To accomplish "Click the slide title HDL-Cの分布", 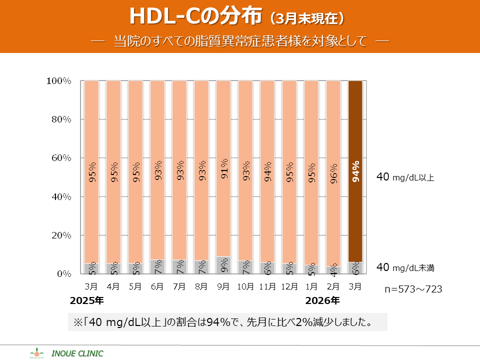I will pyautogui.click(x=195, y=16).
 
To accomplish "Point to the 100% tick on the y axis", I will pyautogui.click(x=58, y=81).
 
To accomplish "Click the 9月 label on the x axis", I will pyautogui.click(x=223, y=286).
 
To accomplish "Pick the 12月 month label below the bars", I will pyautogui.click(x=289, y=286).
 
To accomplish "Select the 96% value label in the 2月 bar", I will pyautogui.click(x=333, y=171).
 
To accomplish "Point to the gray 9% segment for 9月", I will pyautogui.click(x=223, y=265).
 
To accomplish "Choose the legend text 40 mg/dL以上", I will pyautogui.click(x=405, y=177).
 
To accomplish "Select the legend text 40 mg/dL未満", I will pyautogui.click(x=405, y=267).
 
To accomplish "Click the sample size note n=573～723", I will pyautogui.click(x=413, y=289).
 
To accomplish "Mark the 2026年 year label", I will pyautogui.click(x=322, y=300).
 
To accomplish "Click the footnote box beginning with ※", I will pyautogui.click(x=227, y=322).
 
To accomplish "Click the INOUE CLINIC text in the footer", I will pyautogui.click(x=77, y=353).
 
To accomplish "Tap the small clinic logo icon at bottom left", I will pyautogui.click(x=37, y=353).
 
